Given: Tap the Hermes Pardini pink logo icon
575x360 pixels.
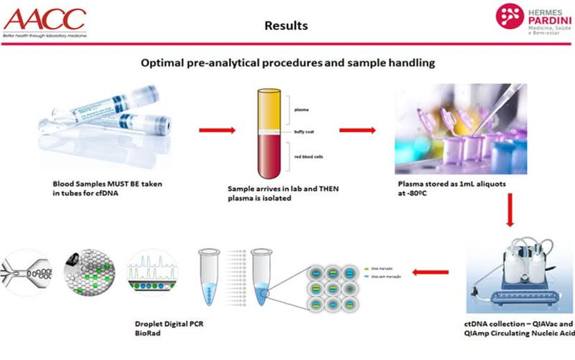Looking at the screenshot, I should [x=510, y=17].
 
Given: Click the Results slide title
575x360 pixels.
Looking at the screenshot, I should [x=286, y=26].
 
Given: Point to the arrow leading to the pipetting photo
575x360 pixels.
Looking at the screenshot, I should [x=357, y=130].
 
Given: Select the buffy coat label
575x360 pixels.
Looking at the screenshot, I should [x=303, y=131].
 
